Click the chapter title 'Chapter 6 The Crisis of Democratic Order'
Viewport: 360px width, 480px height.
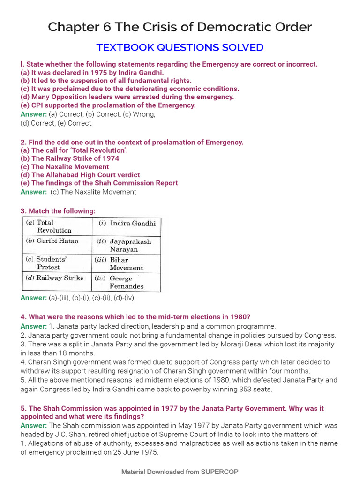click(180, 27)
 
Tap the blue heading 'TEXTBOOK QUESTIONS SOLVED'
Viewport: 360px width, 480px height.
click(180, 47)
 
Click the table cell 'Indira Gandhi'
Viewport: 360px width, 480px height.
click(127, 223)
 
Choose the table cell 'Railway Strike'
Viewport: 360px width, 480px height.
click(54, 278)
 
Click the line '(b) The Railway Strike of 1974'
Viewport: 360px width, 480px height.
click(70, 158)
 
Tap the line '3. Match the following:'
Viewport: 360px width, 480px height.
click(58, 211)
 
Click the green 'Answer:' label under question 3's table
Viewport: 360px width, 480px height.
click(34, 298)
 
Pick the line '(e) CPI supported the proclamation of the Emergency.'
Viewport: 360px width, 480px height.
click(108, 105)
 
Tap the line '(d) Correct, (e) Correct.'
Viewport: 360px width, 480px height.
click(57, 123)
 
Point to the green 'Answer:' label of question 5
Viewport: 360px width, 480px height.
click(34, 425)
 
